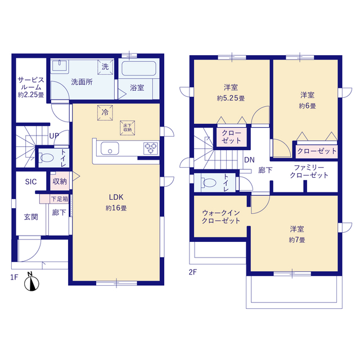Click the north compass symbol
31,282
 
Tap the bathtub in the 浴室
139,69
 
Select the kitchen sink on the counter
110,148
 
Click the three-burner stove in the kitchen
151,148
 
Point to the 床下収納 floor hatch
127,128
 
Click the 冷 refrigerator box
105,112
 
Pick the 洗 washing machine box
105,67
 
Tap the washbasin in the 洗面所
60,66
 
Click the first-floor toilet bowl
47,157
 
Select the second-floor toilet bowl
209,183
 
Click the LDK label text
116,197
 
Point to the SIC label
31,182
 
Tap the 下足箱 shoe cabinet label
60,199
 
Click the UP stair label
54,136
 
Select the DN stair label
249,160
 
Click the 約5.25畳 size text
231,98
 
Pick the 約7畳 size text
297,240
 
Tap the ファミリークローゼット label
309,172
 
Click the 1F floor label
14,277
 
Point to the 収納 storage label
60,181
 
